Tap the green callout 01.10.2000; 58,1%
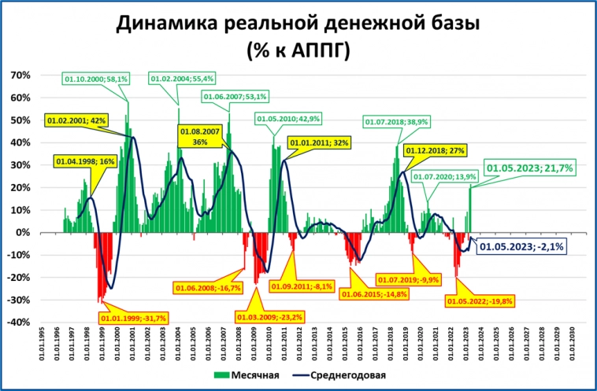click(95, 79)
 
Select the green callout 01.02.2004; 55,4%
click(182, 79)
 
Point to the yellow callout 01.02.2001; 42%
click(76, 120)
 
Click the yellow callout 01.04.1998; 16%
click(86, 161)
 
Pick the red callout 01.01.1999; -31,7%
click(133, 318)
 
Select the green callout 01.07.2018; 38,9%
click(396, 122)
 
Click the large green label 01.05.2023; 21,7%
click(530, 168)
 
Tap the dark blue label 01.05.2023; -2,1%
click(526, 245)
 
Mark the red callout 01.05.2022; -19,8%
click(479, 301)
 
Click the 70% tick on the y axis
click(19, 76)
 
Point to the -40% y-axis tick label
click(17, 323)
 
